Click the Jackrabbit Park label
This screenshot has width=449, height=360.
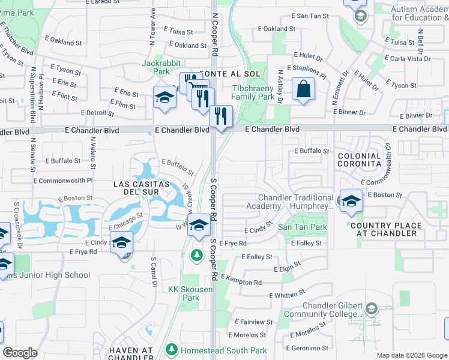tap(156, 67)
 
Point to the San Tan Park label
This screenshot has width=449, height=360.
tap(303, 227)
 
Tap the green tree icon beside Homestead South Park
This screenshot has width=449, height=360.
tap(172, 349)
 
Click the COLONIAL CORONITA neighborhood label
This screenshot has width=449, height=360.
tap(360, 159)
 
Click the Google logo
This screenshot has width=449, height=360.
tap(20, 353)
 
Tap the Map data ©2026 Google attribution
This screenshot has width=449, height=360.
tap(412, 355)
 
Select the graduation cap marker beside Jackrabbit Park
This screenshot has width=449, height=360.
tap(164, 97)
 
